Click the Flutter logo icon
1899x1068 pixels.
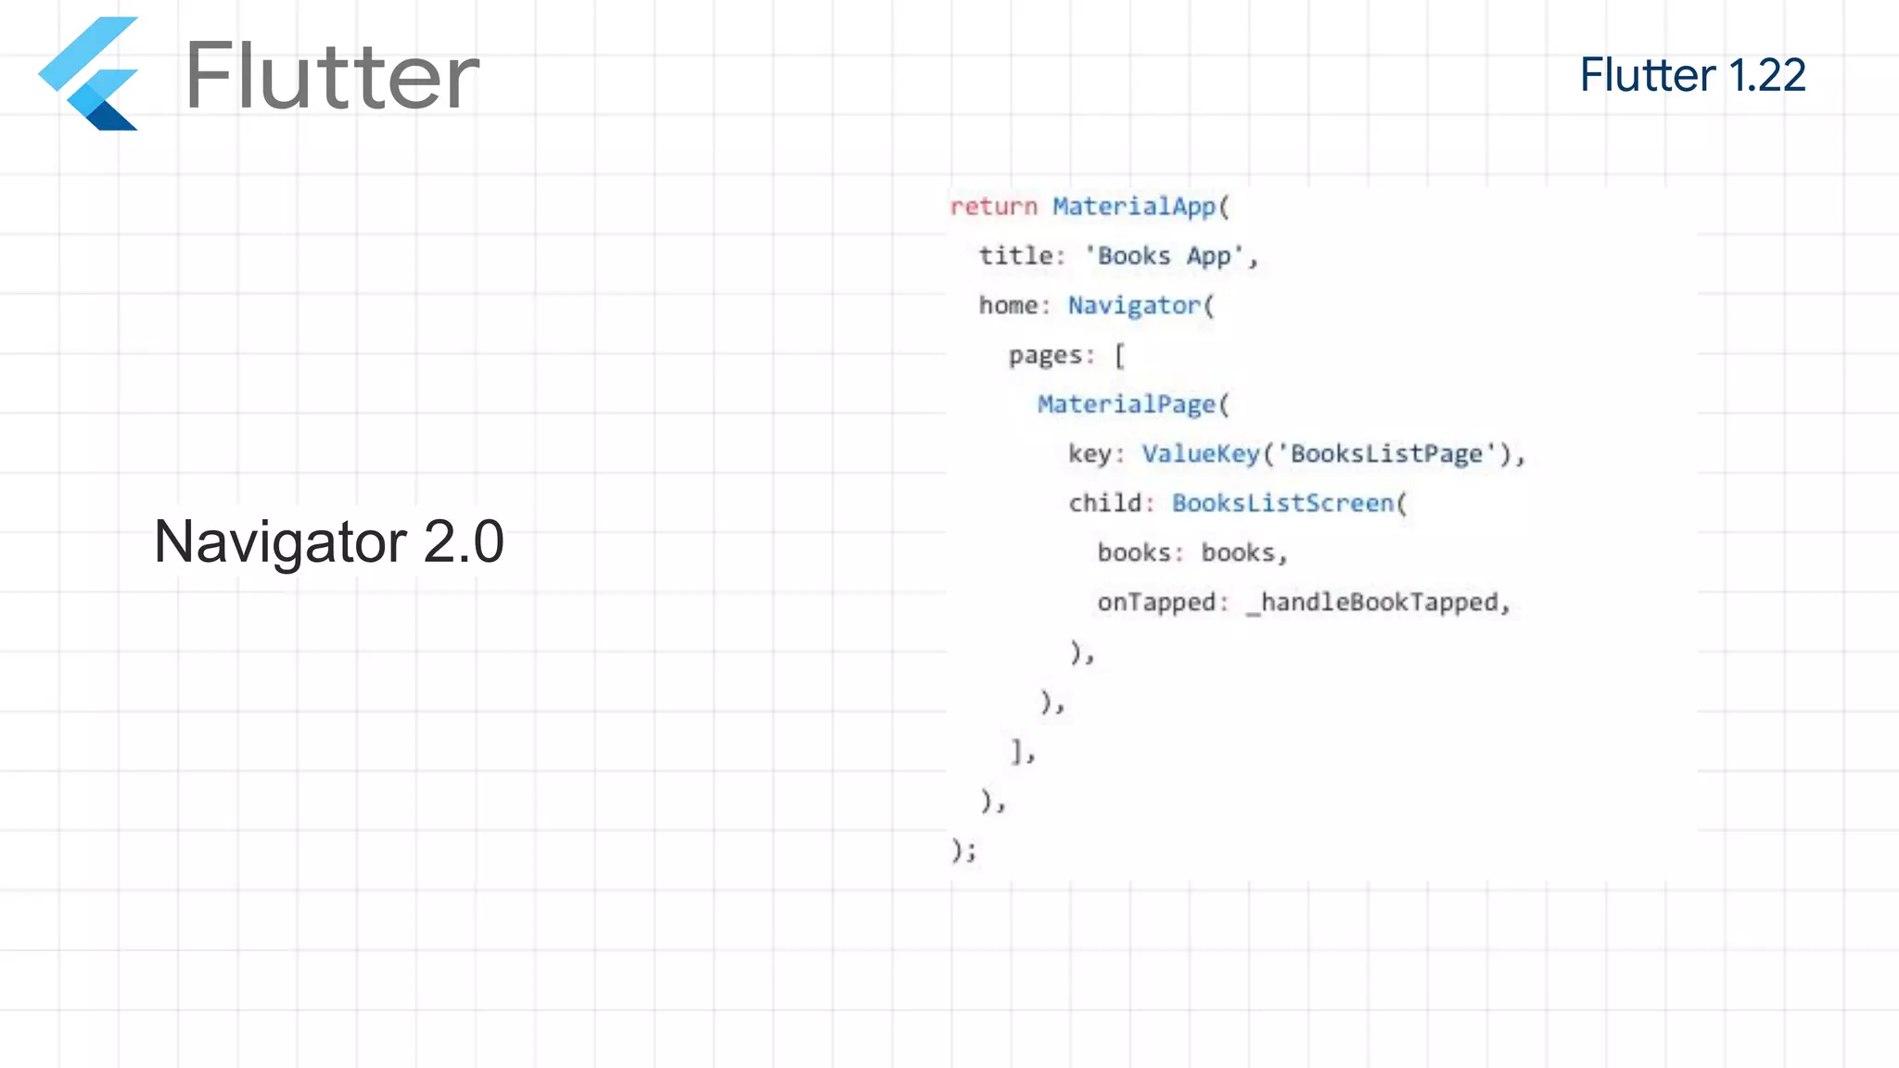[89, 74]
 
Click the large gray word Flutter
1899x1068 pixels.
[332, 76]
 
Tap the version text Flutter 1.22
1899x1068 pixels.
[1692, 75]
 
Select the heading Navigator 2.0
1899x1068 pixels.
[328, 541]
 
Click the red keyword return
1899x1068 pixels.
[993, 206]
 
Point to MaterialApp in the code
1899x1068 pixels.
[1133, 206]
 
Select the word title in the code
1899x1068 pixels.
[1015, 256]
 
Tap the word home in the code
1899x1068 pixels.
[1008, 305]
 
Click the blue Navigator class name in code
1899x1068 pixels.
[1134, 305]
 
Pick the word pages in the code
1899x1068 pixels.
[1046, 355]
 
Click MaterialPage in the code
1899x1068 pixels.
[1126, 404]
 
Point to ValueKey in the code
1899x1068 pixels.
[1201, 453]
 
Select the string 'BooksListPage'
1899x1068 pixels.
[1387, 453]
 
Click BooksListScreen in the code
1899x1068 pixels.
[1283, 502]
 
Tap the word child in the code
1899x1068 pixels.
[1104, 502]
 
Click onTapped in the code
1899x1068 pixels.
[1156, 603]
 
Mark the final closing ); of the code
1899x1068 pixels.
[963, 849]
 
